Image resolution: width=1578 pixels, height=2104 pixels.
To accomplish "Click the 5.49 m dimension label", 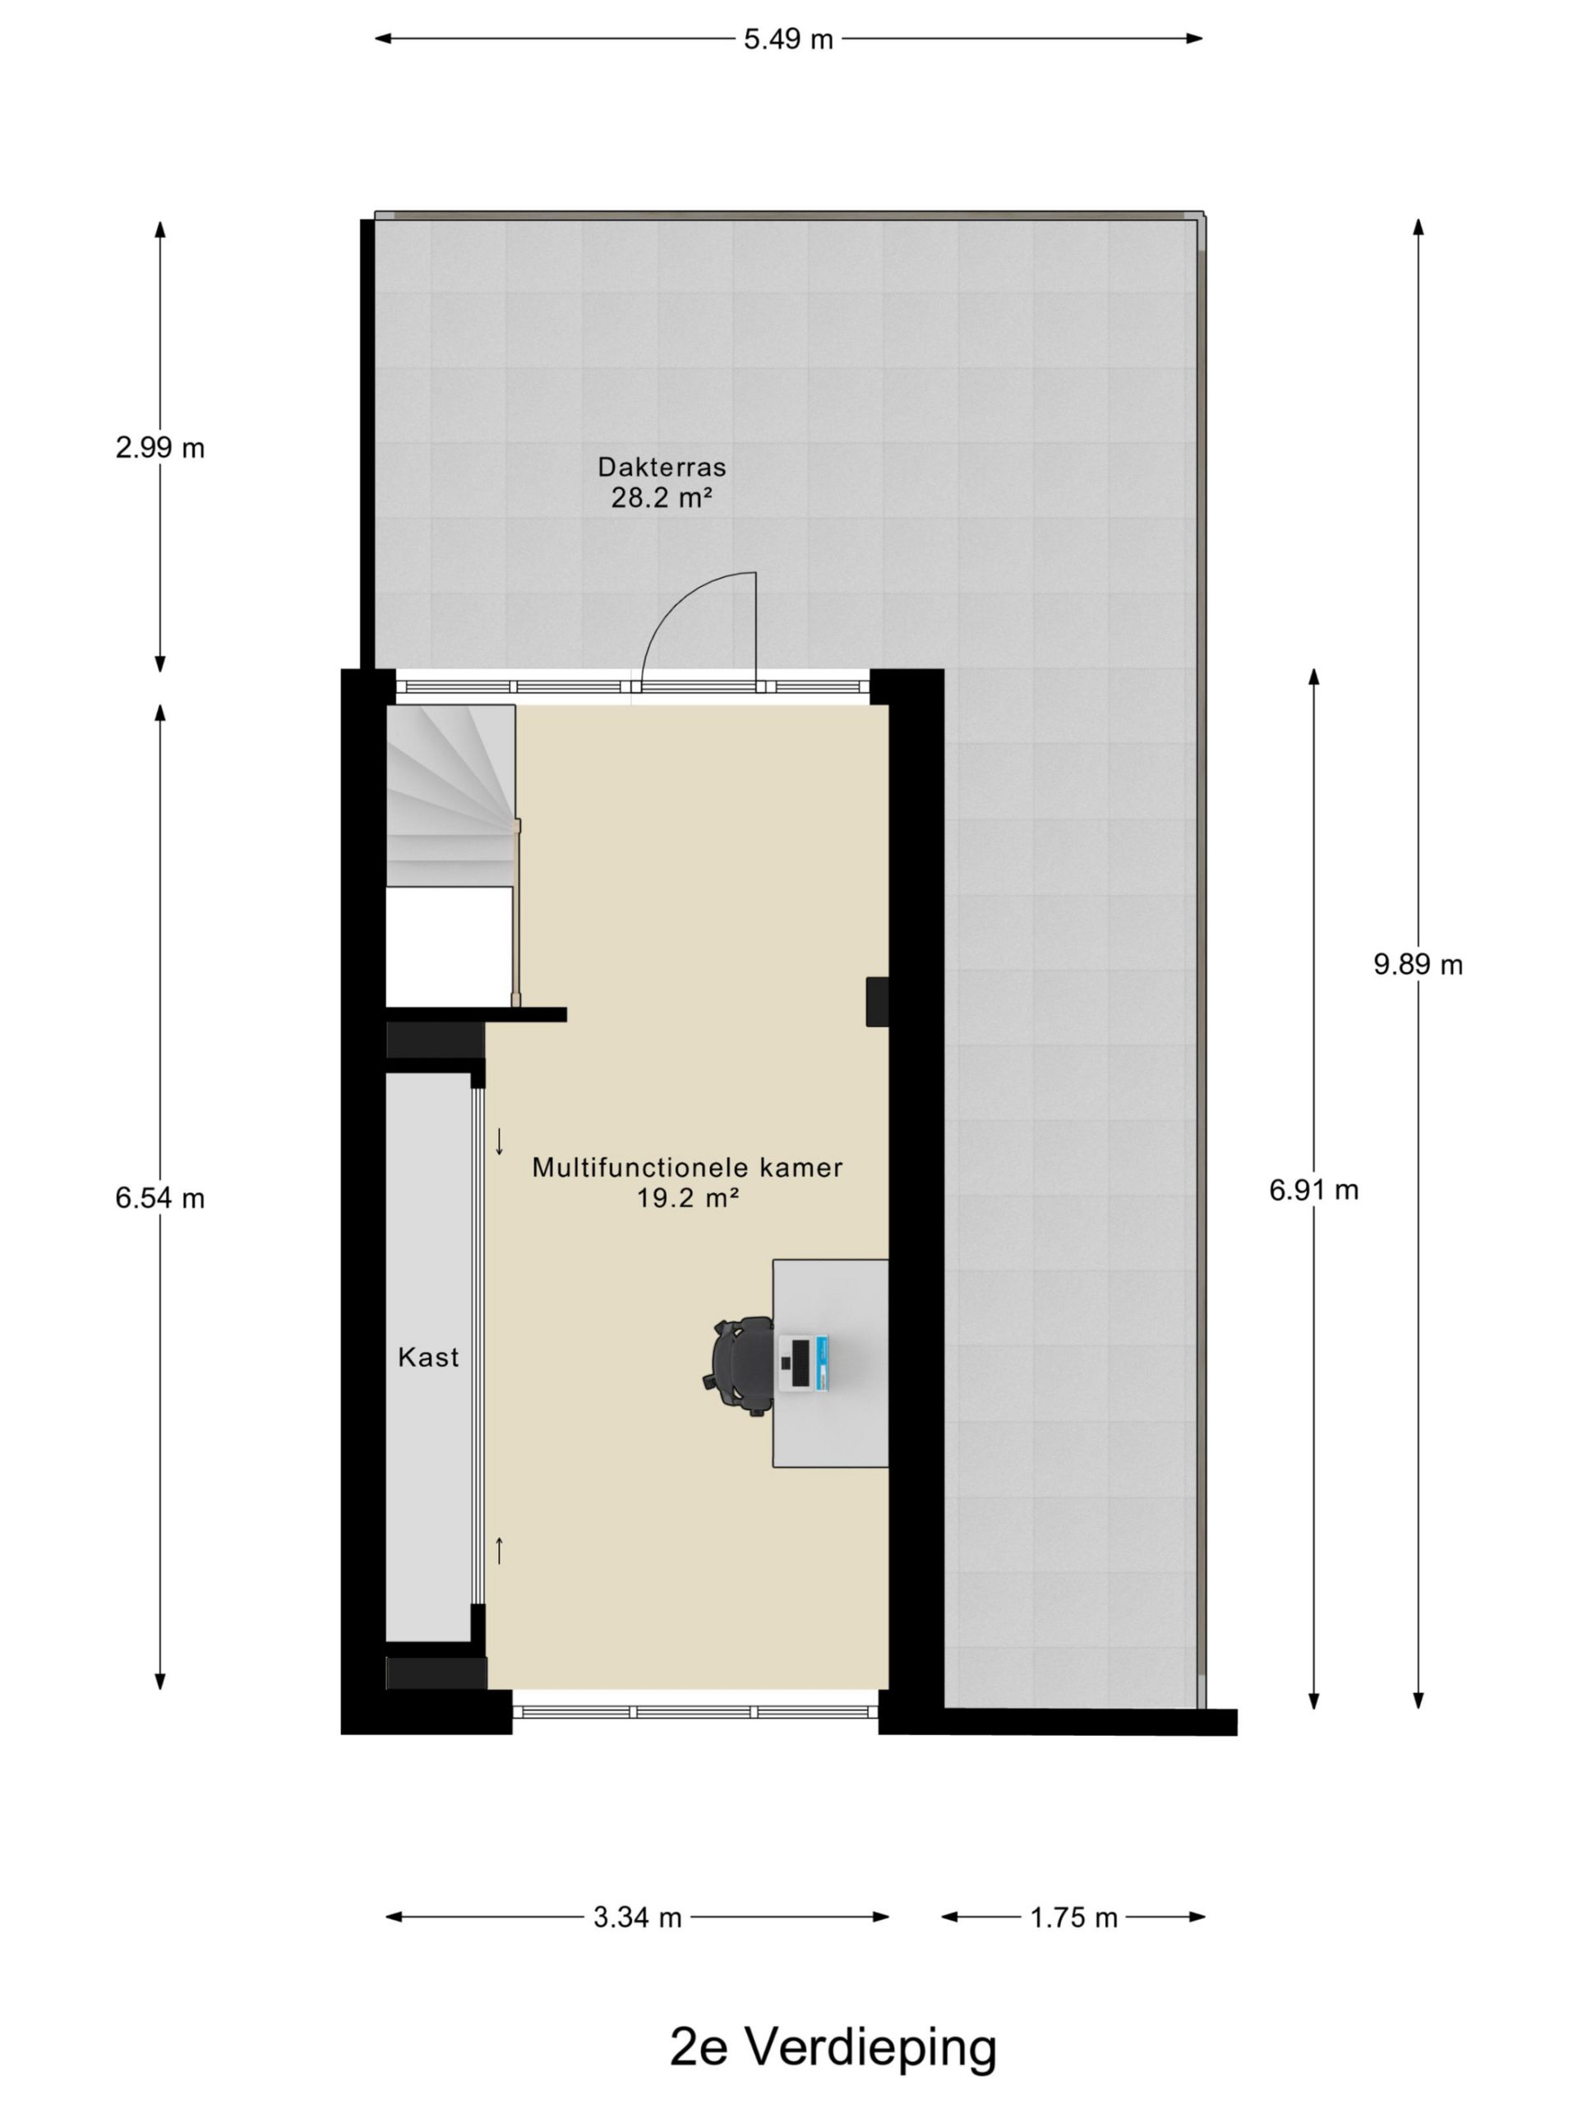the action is [787, 39].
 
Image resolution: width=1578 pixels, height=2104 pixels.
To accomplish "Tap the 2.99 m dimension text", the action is [159, 447].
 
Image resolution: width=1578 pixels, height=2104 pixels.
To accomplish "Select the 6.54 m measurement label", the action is [159, 1197].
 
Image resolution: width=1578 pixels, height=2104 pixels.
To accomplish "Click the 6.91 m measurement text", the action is [1313, 1189].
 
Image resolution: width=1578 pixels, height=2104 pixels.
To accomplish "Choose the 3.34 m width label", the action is [637, 1917].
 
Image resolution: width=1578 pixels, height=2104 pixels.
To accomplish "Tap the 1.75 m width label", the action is [1073, 1917].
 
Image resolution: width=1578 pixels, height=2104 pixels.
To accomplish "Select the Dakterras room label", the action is [661, 467].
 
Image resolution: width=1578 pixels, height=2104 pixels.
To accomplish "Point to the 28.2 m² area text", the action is [661, 496].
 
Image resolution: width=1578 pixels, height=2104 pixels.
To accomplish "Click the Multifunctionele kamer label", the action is [687, 1167].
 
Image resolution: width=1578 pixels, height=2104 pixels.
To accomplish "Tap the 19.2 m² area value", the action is [687, 1197].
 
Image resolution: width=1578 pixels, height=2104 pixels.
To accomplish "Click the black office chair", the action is [740, 1366].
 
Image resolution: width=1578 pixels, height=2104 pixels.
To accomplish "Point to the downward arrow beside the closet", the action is [498, 1141].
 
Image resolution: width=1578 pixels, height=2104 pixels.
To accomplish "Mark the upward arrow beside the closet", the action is [498, 1550].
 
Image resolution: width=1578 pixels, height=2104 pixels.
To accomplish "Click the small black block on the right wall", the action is [876, 1002].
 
